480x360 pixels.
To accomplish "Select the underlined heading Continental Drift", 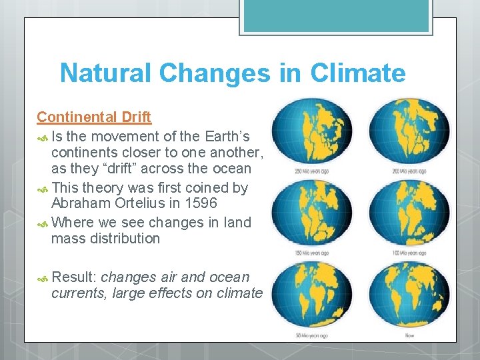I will pyautogui.click(x=94, y=117).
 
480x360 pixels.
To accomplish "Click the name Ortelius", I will pyautogui.click(x=141, y=203).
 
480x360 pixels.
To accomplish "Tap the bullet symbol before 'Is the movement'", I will pyautogui.click(x=42, y=137).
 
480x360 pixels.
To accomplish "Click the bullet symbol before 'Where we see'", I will pyautogui.click(x=42, y=222).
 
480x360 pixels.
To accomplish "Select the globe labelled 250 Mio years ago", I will pyautogui.click(x=311, y=133).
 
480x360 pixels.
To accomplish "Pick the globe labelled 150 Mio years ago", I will pyautogui.click(x=311, y=214).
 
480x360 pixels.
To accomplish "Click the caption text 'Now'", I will pyautogui.click(x=409, y=335).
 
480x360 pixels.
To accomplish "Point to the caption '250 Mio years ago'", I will pyautogui.click(x=311, y=171).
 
